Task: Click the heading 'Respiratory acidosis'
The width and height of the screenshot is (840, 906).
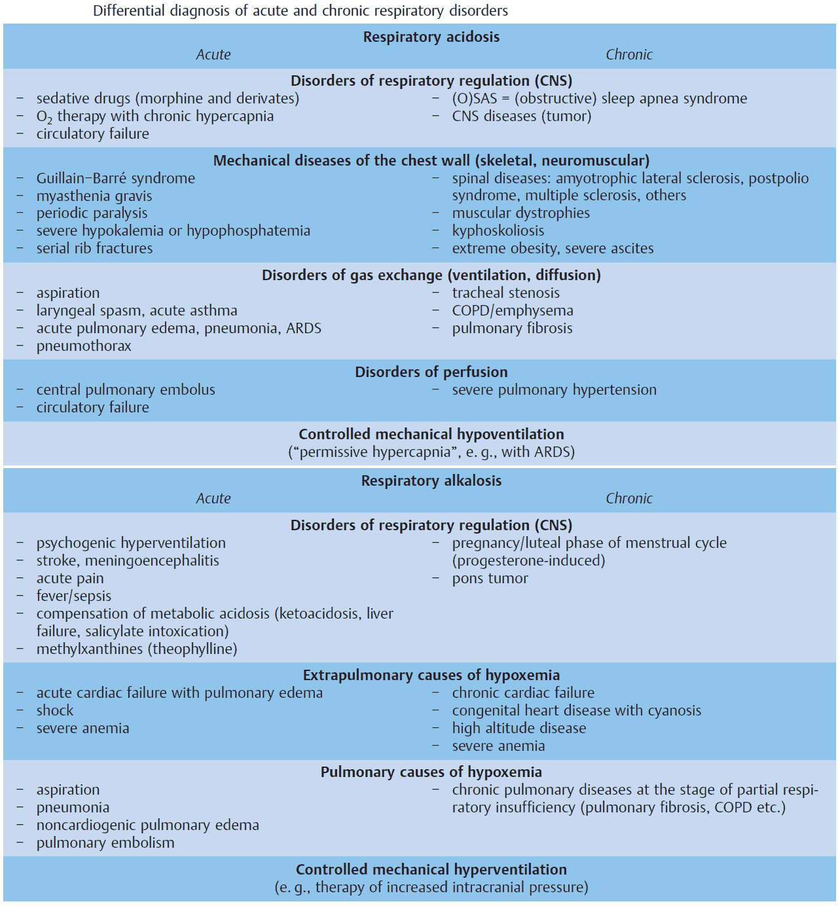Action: pos(431,37)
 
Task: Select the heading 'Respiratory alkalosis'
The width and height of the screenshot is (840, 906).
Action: pos(431,481)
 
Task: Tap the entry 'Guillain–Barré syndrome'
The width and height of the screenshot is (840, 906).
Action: pos(115,179)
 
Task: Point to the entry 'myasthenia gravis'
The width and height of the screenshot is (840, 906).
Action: pos(94,196)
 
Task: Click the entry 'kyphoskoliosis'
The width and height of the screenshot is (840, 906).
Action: pos(498,231)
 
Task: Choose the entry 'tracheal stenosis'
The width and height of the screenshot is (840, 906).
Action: pos(505,293)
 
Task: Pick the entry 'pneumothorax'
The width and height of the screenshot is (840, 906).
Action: pos(84,346)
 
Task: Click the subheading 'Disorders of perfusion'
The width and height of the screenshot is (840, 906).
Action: pos(431,372)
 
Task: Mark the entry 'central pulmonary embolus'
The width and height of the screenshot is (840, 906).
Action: pos(125,390)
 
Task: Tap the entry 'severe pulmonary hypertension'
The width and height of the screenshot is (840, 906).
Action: pos(554,390)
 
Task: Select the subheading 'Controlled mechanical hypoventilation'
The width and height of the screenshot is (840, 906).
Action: pos(431,435)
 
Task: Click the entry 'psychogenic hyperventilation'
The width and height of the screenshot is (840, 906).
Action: pos(131,543)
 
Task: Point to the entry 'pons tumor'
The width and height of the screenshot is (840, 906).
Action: pos(490,579)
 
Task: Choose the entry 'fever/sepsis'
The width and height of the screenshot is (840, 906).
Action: pos(73,596)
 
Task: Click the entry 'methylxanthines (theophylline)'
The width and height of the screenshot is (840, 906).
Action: pos(136,649)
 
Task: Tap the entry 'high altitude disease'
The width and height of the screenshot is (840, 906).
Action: pos(519,729)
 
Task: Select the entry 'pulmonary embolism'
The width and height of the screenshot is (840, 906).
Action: pos(105,843)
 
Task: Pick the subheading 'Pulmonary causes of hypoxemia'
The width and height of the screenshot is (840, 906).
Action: pos(431,772)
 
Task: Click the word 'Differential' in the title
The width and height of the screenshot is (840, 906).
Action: pos(128,11)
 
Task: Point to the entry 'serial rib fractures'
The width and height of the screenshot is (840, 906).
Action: pos(94,249)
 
